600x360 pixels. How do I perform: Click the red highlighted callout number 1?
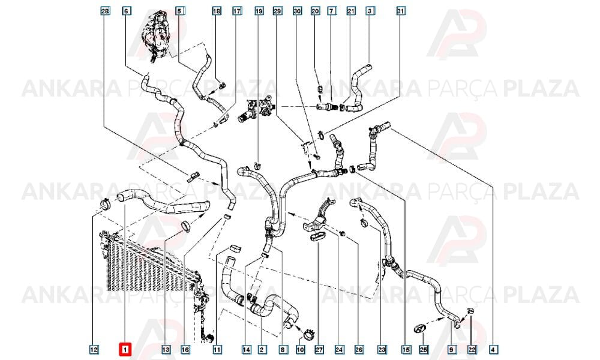(x=125, y=350)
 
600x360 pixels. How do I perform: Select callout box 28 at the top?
(x=105, y=11)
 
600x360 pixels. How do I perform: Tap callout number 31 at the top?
(x=400, y=11)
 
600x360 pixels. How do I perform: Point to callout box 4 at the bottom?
(x=494, y=349)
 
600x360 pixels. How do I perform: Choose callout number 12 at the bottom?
(x=94, y=349)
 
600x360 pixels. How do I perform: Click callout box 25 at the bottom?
(x=424, y=349)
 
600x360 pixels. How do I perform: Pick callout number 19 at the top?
(x=259, y=11)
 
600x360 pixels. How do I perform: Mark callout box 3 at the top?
(x=369, y=11)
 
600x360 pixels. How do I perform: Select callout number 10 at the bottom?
(x=301, y=349)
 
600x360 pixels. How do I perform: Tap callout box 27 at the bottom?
(x=319, y=349)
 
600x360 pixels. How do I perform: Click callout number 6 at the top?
(x=126, y=11)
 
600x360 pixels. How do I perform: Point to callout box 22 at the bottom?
(x=472, y=349)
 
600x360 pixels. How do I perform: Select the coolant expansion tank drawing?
(x=157, y=37)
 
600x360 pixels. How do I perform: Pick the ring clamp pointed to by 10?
(x=308, y=334)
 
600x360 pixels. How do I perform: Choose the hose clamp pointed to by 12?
(x=104, y=204)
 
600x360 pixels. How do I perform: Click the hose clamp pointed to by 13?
(x=186, y=226)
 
